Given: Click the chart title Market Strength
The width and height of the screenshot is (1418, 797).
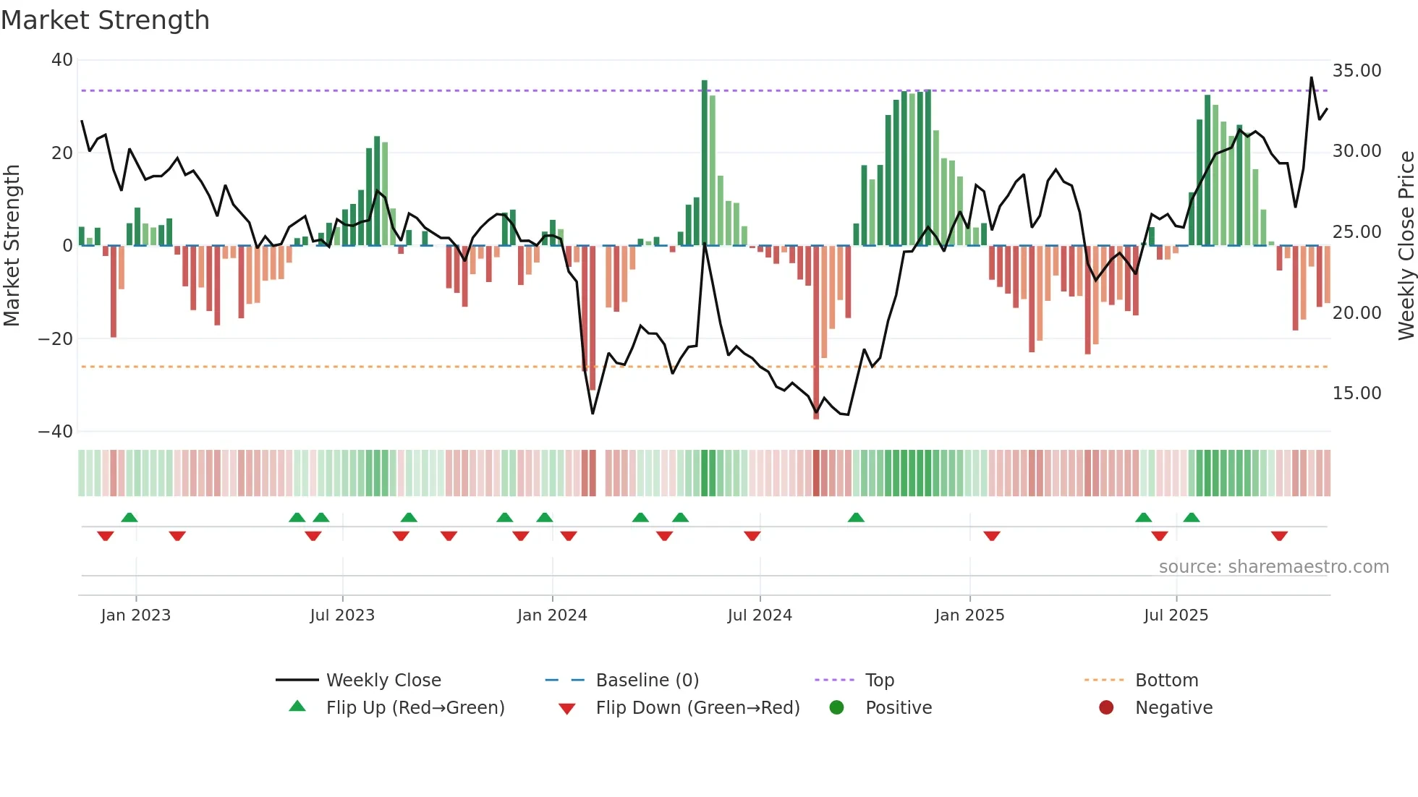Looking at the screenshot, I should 105,20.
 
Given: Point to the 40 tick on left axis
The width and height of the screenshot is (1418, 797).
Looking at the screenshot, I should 62,60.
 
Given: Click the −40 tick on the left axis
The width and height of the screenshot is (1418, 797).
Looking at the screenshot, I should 56,432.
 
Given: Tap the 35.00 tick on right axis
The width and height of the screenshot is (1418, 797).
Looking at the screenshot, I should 1357,71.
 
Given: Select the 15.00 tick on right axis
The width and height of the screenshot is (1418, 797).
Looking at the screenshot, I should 1357,393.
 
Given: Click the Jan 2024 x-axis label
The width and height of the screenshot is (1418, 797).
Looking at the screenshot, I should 552,615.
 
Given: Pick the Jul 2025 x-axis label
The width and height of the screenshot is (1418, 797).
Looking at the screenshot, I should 1176,615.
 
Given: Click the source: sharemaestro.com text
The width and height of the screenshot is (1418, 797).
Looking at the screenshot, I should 1273,567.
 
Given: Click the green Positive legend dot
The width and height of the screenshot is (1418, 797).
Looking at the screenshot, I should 837,708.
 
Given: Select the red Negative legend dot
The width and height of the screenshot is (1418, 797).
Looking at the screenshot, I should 1106,708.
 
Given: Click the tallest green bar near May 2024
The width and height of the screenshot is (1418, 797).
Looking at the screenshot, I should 705,163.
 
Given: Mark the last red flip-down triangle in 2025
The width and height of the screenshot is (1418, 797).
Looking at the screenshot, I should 1279,536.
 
